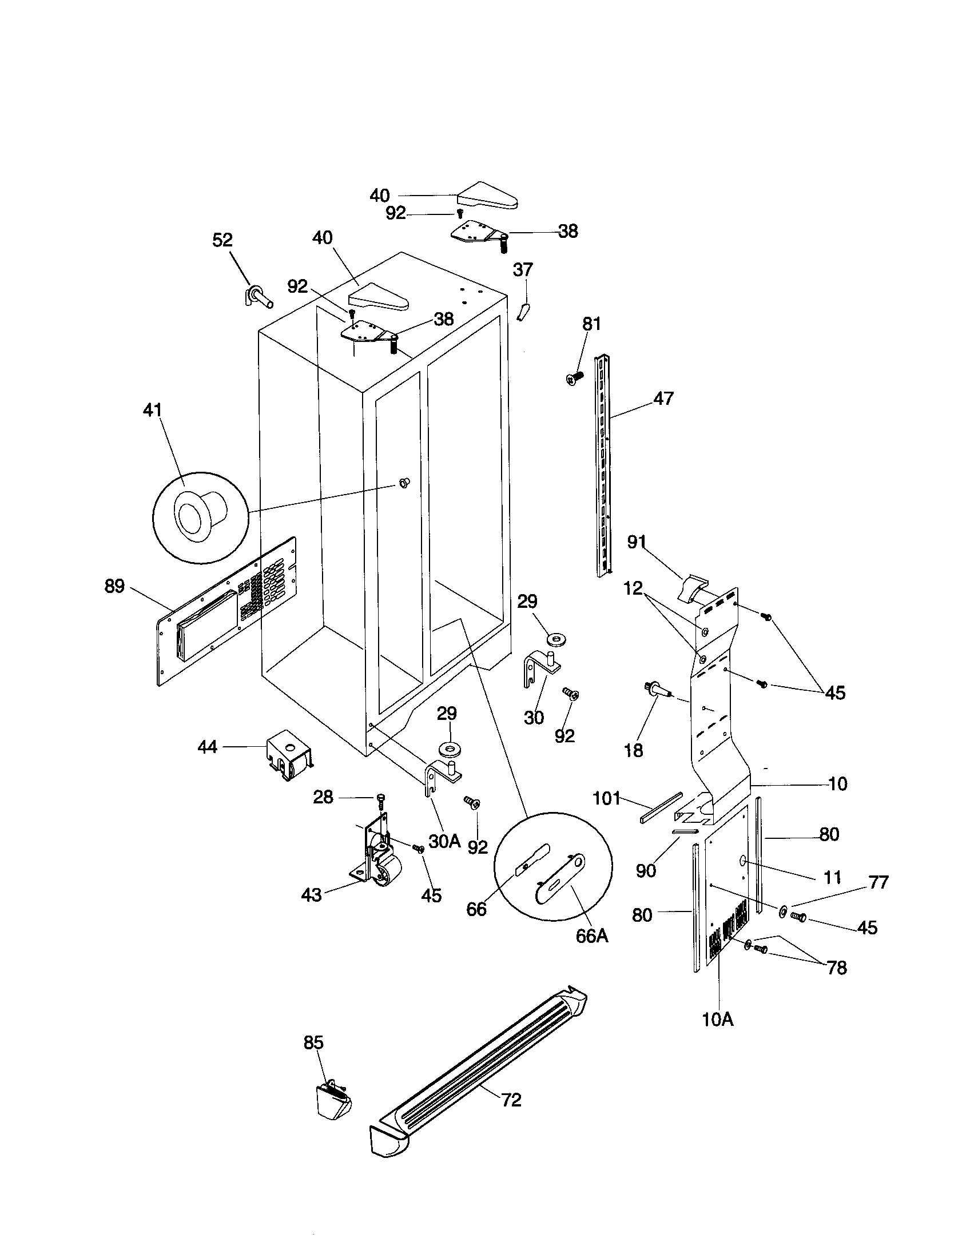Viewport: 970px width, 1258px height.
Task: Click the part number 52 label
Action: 222,240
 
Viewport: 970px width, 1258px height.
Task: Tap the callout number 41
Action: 153,411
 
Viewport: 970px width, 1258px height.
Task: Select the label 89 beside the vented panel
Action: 114,587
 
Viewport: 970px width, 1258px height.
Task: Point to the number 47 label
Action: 663,399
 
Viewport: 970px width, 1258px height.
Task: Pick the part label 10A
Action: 718,1020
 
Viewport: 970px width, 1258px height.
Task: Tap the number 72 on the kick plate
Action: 511,1100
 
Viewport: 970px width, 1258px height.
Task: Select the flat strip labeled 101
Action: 661,808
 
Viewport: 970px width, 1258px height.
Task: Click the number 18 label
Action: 634,751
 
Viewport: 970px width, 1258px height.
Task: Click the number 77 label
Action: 878,882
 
